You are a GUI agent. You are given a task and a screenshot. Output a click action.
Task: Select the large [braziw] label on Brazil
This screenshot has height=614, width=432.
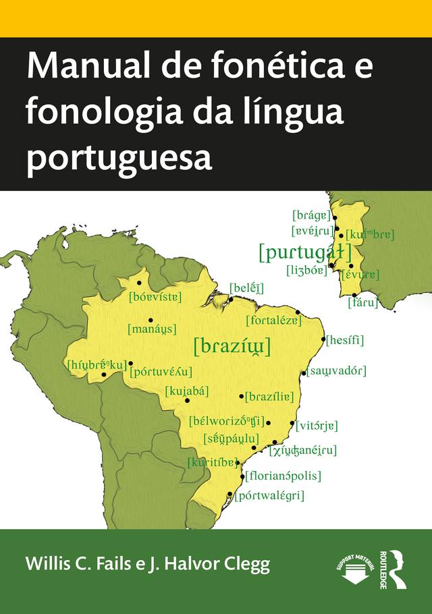232,347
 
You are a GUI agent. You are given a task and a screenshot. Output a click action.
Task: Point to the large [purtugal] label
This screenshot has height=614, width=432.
306,253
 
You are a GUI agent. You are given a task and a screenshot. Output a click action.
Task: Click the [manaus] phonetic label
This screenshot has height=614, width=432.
152,329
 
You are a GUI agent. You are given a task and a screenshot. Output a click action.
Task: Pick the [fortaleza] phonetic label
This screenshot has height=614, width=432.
274,320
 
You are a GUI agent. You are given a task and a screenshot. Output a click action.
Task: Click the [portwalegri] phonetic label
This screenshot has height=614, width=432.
269,496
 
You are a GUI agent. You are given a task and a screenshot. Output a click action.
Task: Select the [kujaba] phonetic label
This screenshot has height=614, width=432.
187,390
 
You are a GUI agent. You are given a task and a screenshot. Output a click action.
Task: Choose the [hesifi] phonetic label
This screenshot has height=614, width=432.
345,341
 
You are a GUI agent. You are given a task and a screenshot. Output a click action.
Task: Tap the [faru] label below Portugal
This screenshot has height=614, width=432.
362,302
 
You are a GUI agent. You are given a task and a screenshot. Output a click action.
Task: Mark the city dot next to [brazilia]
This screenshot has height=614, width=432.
242,396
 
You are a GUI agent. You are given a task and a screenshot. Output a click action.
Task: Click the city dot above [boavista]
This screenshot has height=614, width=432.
140,283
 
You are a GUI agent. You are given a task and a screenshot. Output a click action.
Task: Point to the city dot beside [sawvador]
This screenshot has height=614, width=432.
304,371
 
